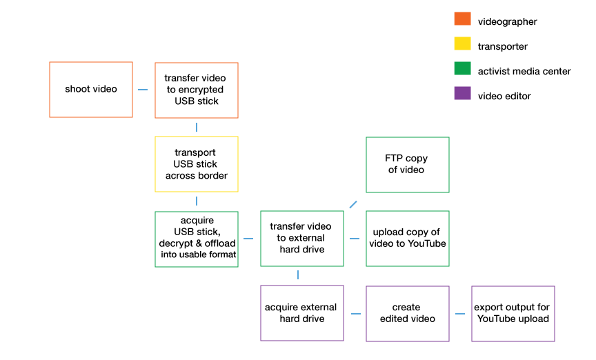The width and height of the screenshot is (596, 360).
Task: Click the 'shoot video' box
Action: [91, 90]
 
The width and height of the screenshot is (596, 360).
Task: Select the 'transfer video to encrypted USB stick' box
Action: [197, 90]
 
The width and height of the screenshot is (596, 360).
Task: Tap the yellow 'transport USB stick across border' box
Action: [197, 164]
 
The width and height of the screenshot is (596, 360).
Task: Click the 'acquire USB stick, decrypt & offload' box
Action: [197, 239]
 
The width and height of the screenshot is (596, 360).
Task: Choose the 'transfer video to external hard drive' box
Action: [302, 239]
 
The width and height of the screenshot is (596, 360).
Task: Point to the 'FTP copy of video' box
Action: [408, 164]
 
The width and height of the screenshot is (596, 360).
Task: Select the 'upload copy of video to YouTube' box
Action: [408, 239]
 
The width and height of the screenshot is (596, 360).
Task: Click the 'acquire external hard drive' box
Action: [302, 313]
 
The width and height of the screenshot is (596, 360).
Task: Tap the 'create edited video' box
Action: [408, 313]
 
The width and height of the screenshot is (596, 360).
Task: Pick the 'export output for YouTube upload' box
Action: [513, 313]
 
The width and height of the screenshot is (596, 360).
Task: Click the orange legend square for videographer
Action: [462, 21]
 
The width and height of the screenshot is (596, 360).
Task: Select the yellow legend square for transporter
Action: [462, 46]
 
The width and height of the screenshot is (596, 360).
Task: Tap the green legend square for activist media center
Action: [462, 70]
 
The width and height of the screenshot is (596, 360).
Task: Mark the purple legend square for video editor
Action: [462, 95]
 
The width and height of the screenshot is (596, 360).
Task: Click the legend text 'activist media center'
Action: [524, 71]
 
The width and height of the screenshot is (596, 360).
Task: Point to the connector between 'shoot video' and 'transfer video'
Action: [143, 90]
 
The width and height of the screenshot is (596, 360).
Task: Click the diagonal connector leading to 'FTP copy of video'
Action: [353, 203]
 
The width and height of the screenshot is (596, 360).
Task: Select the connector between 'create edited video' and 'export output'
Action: [460, 314]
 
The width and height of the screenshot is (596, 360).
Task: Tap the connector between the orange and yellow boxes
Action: [197, 127]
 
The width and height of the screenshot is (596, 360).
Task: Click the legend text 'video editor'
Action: [504, 96]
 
